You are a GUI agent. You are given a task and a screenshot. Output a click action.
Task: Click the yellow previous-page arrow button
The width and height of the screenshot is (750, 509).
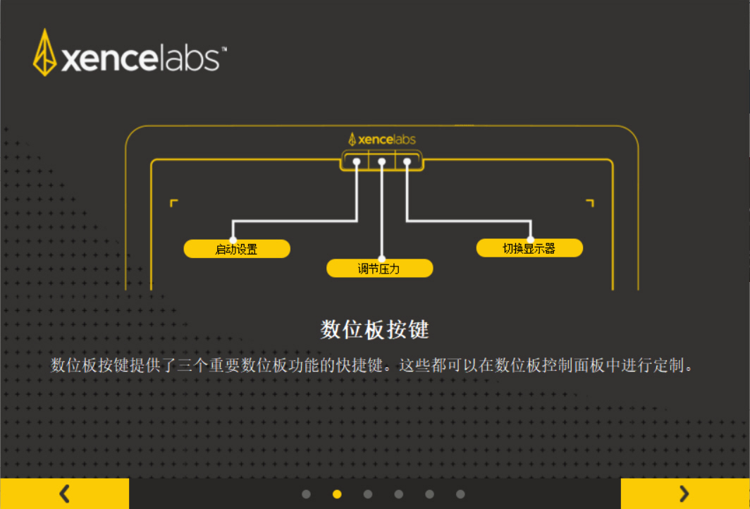64,493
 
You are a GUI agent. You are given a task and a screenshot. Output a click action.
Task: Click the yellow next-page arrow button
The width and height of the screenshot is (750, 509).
684,493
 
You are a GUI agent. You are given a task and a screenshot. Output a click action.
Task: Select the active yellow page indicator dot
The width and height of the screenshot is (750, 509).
337,494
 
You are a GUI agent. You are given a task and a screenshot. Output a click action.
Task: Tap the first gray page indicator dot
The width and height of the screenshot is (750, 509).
306,494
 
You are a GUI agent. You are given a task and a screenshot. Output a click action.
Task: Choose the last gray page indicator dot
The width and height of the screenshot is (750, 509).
460,494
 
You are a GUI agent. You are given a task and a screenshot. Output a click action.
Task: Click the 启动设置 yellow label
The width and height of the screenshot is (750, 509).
236,249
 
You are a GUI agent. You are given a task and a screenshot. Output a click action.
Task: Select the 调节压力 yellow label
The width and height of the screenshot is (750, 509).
379,269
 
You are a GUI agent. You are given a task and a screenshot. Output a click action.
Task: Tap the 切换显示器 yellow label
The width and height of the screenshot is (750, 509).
529,248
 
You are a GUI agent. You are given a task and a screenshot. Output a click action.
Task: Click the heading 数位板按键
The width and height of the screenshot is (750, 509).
374,329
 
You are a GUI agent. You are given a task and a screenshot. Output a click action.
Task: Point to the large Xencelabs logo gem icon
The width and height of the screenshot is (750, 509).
44,53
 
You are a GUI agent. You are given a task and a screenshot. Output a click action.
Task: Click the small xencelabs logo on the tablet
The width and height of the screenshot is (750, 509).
381,139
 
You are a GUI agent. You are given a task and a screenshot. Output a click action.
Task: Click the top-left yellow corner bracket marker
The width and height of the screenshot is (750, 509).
173,203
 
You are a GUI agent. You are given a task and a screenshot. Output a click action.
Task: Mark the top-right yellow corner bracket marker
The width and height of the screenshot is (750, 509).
590,203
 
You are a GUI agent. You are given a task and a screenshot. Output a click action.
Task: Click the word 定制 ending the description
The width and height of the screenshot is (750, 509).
670,366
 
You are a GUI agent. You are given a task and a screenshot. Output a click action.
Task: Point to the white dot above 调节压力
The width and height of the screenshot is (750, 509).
381,258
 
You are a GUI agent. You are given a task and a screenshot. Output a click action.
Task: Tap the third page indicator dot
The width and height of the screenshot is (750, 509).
368,494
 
